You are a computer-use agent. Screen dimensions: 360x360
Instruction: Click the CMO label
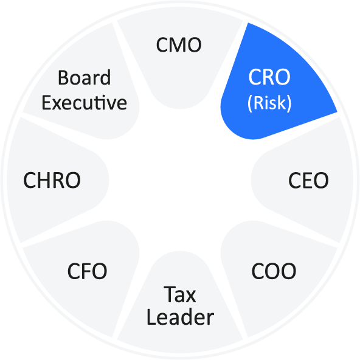coord(179,45)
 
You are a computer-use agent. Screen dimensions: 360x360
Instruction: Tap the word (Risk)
coord(269,103)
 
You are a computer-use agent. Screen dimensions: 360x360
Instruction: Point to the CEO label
coord(308,180)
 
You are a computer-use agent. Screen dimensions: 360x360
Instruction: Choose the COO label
coord(274,271)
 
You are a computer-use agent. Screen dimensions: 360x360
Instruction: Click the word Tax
coord(180,294)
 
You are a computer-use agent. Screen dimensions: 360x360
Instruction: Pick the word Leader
coord(180,317)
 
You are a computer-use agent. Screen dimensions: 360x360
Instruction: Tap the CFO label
coord(87,271)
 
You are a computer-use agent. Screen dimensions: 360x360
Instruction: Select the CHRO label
coord(52,180)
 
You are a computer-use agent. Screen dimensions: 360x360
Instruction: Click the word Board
coord(85,78)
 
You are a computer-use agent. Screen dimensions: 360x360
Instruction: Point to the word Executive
coord(85,103)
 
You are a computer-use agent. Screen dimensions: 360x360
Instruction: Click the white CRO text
coord(269,77)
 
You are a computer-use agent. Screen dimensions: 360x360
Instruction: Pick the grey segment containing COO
coord(275,275)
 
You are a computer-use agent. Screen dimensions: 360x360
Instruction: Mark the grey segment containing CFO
coord(85,275)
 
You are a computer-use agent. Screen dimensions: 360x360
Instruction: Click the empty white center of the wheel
coord(180,180)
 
